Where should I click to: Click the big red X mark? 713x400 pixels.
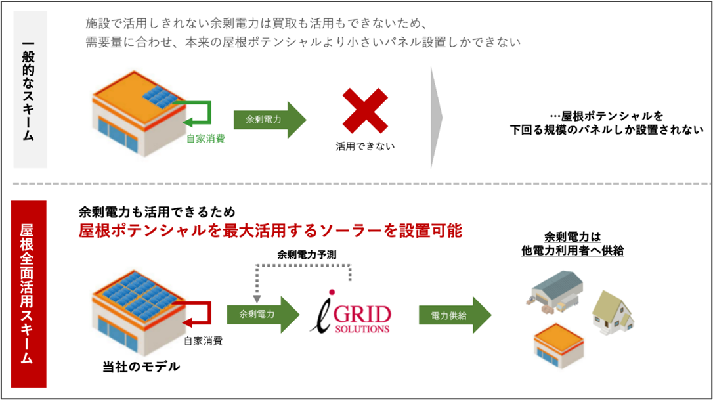coord(366,111)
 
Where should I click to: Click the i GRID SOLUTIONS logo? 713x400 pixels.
coord(350,314)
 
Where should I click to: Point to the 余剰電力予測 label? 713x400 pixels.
coord(308,254)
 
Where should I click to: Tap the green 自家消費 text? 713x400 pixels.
coord(205,139)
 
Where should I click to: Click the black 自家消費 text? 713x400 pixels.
coord(203,341)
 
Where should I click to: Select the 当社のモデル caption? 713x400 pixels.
coord(140,367)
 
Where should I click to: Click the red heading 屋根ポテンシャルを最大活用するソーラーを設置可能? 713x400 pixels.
coord(270,231)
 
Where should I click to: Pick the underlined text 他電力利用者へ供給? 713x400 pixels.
coord(572,250)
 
